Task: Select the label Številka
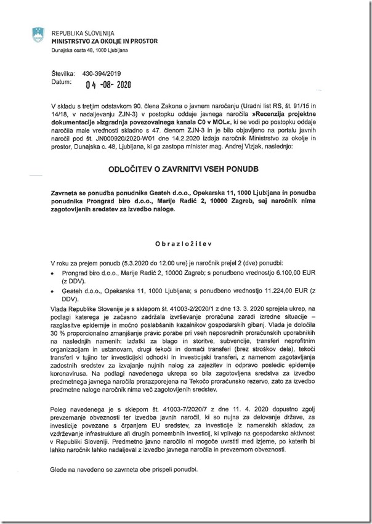pyautogui.click(x=63, y=73)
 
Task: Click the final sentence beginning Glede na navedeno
pyautogui.click(x=125, y=470)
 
